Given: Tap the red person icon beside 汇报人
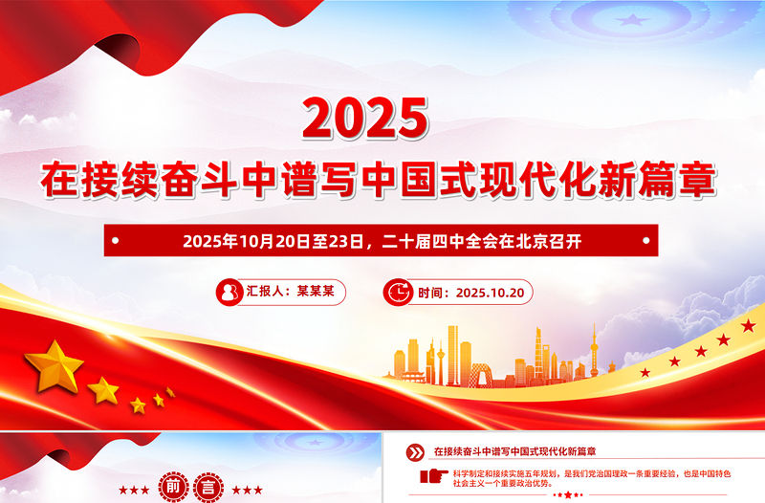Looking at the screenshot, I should tap(229, 292).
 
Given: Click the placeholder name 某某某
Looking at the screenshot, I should tap(315, 292).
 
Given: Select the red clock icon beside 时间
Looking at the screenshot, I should tap(397, 293).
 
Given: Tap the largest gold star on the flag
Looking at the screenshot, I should tap(55, 365).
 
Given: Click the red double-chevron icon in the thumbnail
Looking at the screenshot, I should tap(415, 452).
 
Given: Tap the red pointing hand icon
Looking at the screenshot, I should tap(433, 475).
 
